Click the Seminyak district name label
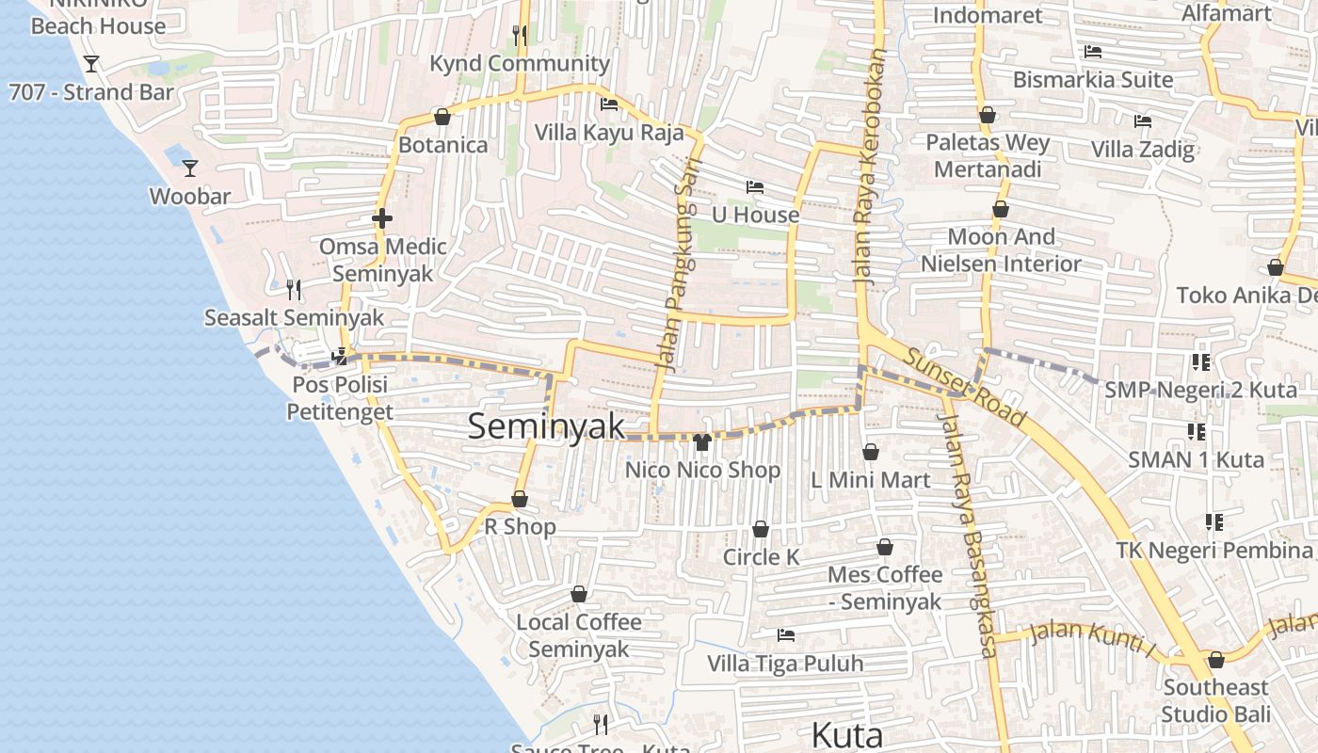tap(546, 426)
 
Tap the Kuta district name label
tap(846, 735)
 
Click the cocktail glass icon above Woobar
tap(190, 168)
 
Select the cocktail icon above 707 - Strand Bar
tap(91, 64)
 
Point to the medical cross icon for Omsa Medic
tap(381, 218)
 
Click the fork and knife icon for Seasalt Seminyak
tap(294, 289)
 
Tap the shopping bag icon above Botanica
tap(442, 117)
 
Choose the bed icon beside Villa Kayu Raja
tap(609, 104)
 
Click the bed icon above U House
tap(754, 187)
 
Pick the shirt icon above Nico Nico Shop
tap(701, 442)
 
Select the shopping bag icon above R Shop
tap(520, 499)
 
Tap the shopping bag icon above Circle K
tap(761, 529)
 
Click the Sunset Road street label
tap(965, 386)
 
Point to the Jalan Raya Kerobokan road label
tap(868, 169)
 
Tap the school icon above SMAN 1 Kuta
tap(1197, 432)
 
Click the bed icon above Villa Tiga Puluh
tap(785, 635)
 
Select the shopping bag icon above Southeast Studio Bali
tap(1215, 660)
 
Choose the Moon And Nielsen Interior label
tap(1001, 250)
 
